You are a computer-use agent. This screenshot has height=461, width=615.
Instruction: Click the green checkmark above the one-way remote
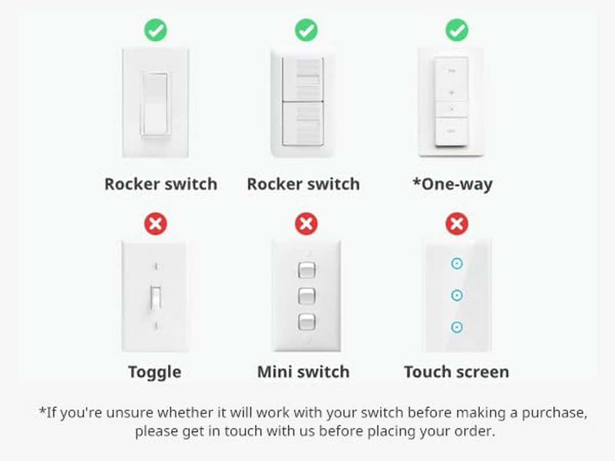tap(457, 30)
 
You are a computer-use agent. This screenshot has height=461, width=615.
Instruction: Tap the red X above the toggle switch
tap(155, 224)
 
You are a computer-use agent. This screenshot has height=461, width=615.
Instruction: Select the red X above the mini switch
tap(306, 224)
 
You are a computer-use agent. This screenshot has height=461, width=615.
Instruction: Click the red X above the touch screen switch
tap(457, 224)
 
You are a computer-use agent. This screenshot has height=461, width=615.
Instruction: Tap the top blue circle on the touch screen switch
tap(457, 264)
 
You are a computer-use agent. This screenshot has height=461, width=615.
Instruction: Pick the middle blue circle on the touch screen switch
tap(457, 296)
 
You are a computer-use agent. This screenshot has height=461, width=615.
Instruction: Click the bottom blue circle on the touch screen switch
tap(457, 327)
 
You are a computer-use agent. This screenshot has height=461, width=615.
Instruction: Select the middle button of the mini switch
tap(307, 296)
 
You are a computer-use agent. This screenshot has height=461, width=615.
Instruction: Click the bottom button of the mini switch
tap(307, 322)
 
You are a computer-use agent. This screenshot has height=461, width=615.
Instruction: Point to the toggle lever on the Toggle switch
tap(155, 297)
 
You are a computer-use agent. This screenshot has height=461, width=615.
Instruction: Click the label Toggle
tap(155, 372)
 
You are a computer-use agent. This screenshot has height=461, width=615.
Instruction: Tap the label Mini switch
tap(303, 372)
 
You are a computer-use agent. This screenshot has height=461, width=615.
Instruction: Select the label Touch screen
tap(456, 372)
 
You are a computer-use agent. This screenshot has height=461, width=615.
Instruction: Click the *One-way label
tap(452, 184)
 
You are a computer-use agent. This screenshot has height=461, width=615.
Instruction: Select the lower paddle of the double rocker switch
tap(303, 123)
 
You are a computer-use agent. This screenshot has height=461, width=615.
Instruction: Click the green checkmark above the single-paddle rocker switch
tap(155, 30)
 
